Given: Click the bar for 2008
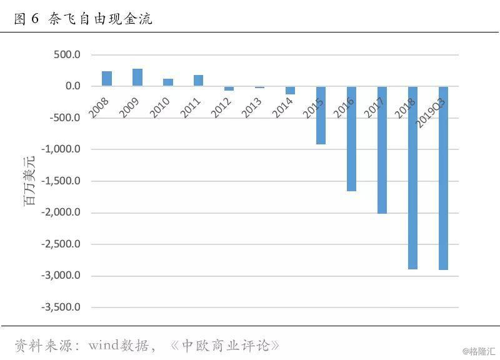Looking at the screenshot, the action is (x=107, y=79).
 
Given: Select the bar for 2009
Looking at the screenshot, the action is (x=137, y=77).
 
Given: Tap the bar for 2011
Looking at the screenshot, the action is (x=198, y=81).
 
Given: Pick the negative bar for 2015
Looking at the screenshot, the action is (x=321, y=115).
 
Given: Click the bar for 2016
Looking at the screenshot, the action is (x=351, y=139).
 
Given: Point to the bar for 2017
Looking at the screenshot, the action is (x=382, y=150).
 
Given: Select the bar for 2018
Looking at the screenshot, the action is (x=412, y=178).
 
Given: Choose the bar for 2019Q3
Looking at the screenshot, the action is (x=443, y=178).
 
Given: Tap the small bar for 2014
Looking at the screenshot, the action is (x=290, y=90).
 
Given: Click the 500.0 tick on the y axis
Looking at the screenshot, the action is (x=67, y=54).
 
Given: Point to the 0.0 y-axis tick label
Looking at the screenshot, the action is (x=73, y=86).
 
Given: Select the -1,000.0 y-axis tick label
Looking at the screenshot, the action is (x=61, y=149).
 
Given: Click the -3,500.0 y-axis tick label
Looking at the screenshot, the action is (x=61, y=307).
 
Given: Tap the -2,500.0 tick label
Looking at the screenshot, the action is (x=61, y=244).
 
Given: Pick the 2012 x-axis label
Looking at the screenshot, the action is (x=221, y=107).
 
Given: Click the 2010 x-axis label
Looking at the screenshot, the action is (x=160, y=107).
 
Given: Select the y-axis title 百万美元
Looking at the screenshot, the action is (x=29, y=181).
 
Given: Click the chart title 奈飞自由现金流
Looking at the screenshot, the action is (x=101, y=19).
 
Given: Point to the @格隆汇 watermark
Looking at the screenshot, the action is (x=479, y=351).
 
